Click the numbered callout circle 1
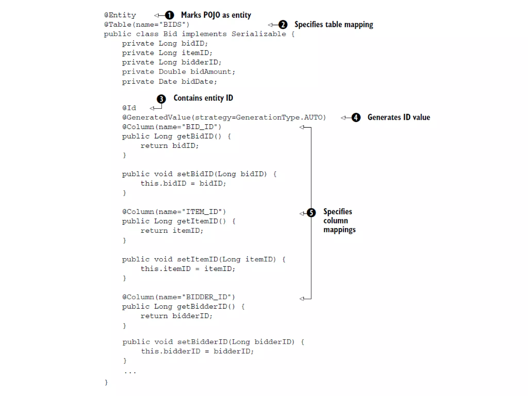169,15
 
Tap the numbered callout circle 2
283,25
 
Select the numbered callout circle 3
161,99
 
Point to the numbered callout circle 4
356,118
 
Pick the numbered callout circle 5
311,213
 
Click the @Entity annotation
120,15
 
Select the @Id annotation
129,108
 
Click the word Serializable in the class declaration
259,34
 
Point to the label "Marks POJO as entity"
216,15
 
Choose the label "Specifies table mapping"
334,25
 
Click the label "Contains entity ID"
203,98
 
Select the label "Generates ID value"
399,118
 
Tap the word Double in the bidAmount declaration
168,72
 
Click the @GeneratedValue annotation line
224,118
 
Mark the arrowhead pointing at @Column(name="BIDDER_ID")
302,299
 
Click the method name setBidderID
202,342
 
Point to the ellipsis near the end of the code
130,372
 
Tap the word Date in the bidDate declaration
168,82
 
